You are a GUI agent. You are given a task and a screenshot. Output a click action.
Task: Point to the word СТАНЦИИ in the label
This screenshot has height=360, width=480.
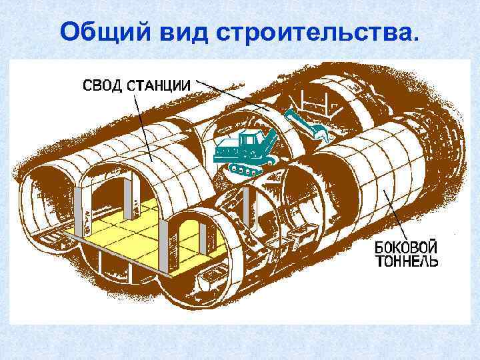click(x=161, y=85)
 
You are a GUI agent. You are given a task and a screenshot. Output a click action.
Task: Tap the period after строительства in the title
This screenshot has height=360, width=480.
click(x=417, y=37)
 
